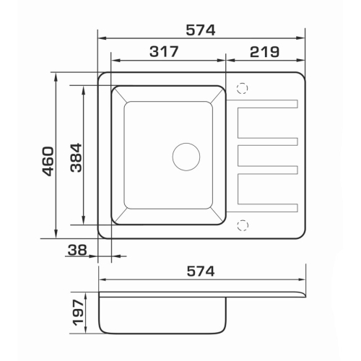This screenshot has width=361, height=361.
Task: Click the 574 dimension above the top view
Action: [201, 30]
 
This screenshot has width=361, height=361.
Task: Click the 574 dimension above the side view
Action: [201, 271]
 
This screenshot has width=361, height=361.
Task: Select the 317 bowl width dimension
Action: [164, 51]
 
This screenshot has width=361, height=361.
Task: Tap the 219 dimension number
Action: [264, 52]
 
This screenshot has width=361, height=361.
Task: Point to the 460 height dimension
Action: [48, 161]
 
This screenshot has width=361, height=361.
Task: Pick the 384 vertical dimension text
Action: [77, 157]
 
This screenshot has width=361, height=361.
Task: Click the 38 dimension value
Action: [77, 250]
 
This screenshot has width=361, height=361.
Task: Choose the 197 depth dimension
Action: [79, 313]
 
